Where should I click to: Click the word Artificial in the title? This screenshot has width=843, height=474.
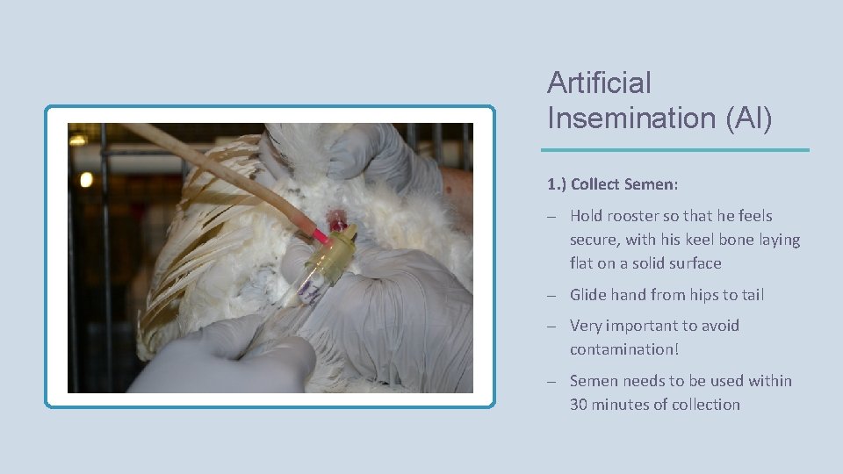click(x=599, y=83)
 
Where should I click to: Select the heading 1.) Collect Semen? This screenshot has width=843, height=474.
click(x=613, y=184)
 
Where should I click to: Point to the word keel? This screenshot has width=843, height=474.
click(x=694, y=240)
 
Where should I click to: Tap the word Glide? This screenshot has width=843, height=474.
click(x=589, y=295)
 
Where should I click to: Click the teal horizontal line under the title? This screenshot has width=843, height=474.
click(x=677, y=150)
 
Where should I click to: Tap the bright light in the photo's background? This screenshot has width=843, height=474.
click(x=86, y=179)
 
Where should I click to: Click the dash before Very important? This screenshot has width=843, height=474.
click(x=551, y=327)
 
